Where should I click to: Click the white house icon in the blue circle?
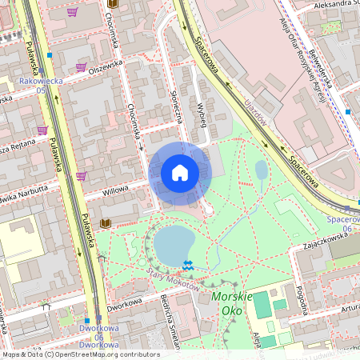[x=180, y=173]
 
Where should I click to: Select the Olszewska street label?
[x=106, y=63]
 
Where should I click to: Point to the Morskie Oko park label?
[x=232, y=302]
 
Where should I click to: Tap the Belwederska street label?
[x=328, y=62]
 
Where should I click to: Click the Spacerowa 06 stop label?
[x=342, y=224]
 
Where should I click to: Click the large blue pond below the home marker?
[x=174, y=243]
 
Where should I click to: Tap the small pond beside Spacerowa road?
[x=262, y=170]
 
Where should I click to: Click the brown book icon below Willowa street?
[x=105, y=222]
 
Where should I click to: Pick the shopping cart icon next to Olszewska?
[x=81, y=68]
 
